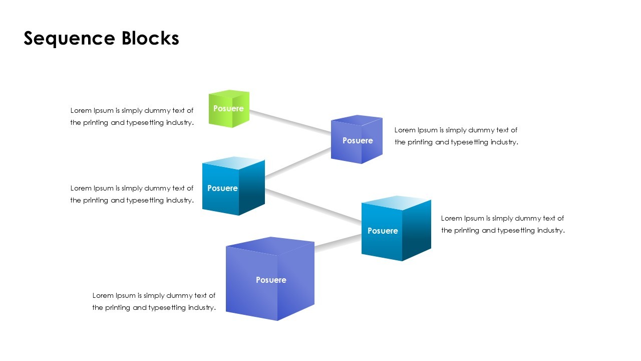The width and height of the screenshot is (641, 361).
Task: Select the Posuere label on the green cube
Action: pyautogui.click(x=228, y=108)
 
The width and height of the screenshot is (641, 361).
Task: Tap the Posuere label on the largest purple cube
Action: pyautogui.click(x=271, y=280)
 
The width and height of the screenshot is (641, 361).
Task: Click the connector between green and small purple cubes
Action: pyautogui.click(x=290, y=122)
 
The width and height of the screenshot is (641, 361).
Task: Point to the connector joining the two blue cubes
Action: pyautogui.click(x=313, y=205)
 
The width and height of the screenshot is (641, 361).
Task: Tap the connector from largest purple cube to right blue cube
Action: pyautogui.click(x=338, y=242)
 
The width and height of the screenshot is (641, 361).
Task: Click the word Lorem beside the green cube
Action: pyautogui.click(x=80, y=110)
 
